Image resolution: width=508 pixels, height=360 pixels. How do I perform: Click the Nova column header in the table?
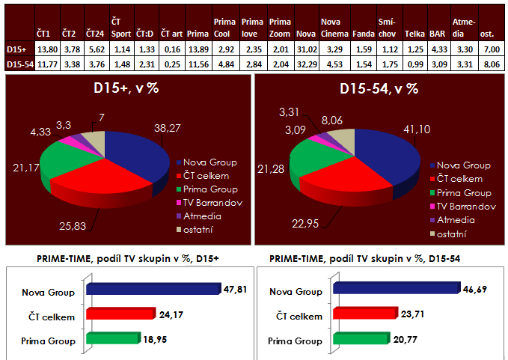click(x=305, y=34)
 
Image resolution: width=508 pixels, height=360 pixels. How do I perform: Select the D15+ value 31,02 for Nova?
click(x=305, y=49)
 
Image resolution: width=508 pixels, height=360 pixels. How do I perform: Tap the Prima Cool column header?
click(x=225, y=29)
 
